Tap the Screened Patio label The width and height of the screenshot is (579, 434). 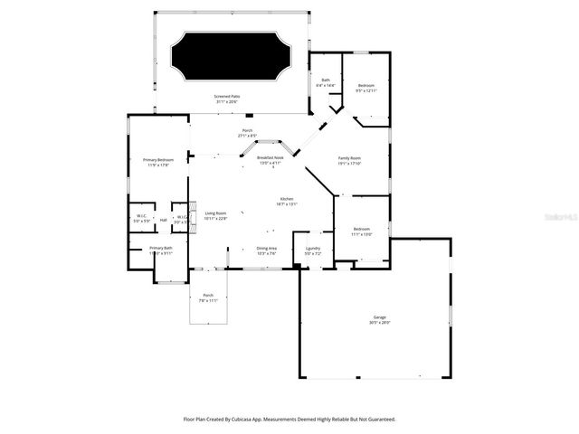click(x=227, y=96)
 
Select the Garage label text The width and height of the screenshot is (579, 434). click(x=379, y=316)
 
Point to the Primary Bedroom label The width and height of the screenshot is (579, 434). click(x=157, y=160)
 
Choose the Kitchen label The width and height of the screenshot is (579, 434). click(x=287, y=199)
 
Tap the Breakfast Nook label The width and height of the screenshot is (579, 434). click(x=269, y=157)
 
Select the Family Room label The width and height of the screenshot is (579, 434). click(x=350, y=158)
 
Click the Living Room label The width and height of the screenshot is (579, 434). click(x=214, y=213)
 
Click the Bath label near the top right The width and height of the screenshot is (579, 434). click(x=327, y=80)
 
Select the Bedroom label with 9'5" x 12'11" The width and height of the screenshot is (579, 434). click(x=365, y=85)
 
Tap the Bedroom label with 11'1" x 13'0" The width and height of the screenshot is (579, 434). click(x=362, y=229)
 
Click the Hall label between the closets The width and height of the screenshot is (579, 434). click(x=164, y=219)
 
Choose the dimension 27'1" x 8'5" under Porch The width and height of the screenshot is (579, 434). click(x=247, y=136)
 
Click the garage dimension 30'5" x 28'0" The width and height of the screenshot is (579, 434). click(x=379, y=322)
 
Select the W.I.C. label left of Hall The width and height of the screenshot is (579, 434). click(x=142, y=215)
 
